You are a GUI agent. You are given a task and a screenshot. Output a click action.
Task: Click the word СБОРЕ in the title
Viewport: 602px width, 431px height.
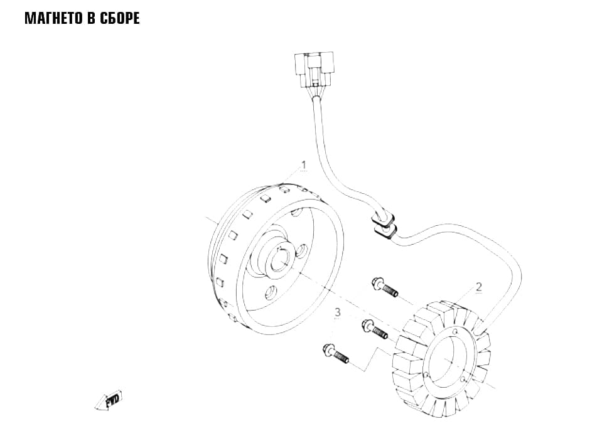tap(120, 18)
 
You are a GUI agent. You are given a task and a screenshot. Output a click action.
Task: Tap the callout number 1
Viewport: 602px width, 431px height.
tap(304, 165)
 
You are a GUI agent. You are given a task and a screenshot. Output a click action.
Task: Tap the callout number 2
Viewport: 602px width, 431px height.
tap(478, 287)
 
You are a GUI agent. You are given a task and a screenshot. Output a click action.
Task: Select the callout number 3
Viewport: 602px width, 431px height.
tap(338, 312)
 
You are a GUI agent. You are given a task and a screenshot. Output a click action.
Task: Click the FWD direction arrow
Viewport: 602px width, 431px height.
tap(109, 400)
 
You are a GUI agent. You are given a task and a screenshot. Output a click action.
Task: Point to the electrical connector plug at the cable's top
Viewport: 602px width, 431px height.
tap(314, 71)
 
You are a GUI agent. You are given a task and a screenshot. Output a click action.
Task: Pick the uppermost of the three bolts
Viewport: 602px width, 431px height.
tap(385, 288)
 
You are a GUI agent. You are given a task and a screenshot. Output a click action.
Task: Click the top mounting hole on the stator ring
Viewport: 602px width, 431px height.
tap(455, 331)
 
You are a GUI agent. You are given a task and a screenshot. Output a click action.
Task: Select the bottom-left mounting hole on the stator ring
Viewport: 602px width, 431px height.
tap(426, 374)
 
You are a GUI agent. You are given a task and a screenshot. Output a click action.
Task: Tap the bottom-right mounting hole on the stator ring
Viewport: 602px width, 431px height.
tap(464, 380)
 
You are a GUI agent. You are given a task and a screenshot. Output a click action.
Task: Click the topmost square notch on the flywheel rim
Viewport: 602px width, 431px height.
tap(284, 189)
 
